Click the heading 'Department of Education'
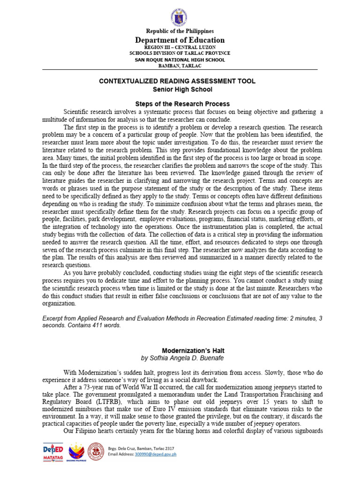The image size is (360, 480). (x=180, y=40)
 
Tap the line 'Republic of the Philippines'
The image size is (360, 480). (x=180, y=31)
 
